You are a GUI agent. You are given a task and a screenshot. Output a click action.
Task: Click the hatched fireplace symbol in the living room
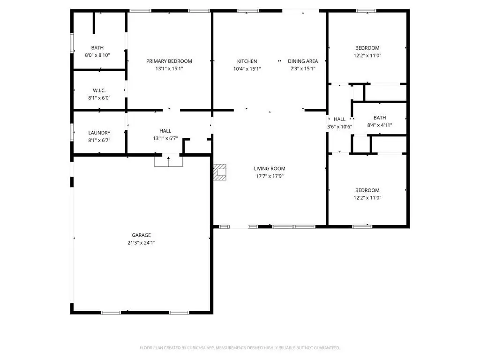(x=220, y=172)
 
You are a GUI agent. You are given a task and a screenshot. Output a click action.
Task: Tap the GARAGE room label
(x=142, y=235)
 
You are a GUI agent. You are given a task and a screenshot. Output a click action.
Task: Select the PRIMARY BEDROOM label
(x=169, y=61)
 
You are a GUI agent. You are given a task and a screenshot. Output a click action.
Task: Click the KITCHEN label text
(x=247, y=61)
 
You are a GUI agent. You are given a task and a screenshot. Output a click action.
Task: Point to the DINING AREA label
(x=303, y=61)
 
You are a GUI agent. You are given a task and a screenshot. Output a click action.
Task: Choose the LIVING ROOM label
(x=270, y=169)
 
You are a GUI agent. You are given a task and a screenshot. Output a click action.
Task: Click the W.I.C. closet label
(x=99, y=90)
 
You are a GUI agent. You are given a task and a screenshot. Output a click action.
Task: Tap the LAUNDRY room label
(x=99, y=133)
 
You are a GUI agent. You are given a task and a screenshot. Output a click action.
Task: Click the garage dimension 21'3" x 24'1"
(x=142, y=243)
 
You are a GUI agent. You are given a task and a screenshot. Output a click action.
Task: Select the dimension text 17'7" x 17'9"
(x=270, y=176)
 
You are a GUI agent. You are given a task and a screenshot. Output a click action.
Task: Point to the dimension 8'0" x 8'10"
(x=97, y=55)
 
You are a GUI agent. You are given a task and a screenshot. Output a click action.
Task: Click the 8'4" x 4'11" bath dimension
(x=380, y=125)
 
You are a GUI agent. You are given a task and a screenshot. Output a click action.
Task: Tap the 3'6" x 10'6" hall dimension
(x=339, y=127)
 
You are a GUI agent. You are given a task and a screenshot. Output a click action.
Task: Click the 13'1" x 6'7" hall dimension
(x=165, y=138)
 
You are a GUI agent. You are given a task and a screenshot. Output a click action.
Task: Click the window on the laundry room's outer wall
(x=72, y=132)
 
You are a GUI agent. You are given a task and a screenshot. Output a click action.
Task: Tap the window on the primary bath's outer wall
(x=72, y=43)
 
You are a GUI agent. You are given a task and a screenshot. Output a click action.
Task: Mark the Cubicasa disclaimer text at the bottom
(x=240, y=348)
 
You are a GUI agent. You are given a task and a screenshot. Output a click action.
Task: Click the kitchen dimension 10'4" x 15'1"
(x=247, y=69)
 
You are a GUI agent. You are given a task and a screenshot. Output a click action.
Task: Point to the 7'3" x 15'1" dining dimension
(x=303, y=69)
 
